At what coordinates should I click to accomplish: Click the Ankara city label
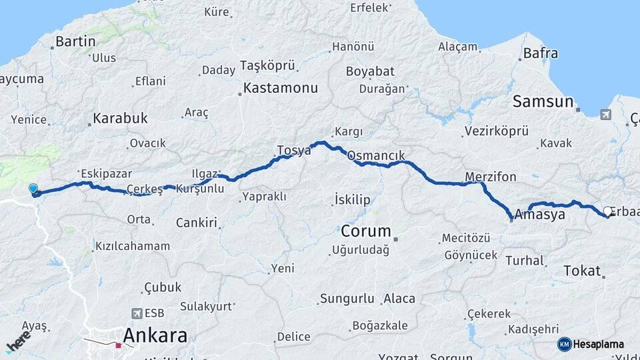pos(154,335)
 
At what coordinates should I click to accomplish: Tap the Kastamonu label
pos(280,87)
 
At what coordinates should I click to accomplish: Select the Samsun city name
pos(543,101)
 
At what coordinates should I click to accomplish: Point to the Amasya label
pos(541,215)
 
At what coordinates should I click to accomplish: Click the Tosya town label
pos(293,150)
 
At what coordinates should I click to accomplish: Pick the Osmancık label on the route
pos(376,155)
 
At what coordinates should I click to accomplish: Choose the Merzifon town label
pos(491,177)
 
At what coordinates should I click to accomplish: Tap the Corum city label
pos(365,231)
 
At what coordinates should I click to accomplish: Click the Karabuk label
pos(120,119)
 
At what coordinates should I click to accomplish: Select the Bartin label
pos(75,41)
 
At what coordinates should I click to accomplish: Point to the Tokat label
pos(582,270)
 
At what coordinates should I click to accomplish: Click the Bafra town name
pos(541,53)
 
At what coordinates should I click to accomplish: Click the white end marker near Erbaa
pos(608,211)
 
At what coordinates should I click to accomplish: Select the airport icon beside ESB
pos(137,313)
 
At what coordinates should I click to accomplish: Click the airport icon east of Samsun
pos(605,115)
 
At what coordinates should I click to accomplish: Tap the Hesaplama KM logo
pos(565,344)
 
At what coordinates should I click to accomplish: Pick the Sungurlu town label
pos(347,298)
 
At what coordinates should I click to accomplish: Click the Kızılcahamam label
pos(132,246)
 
